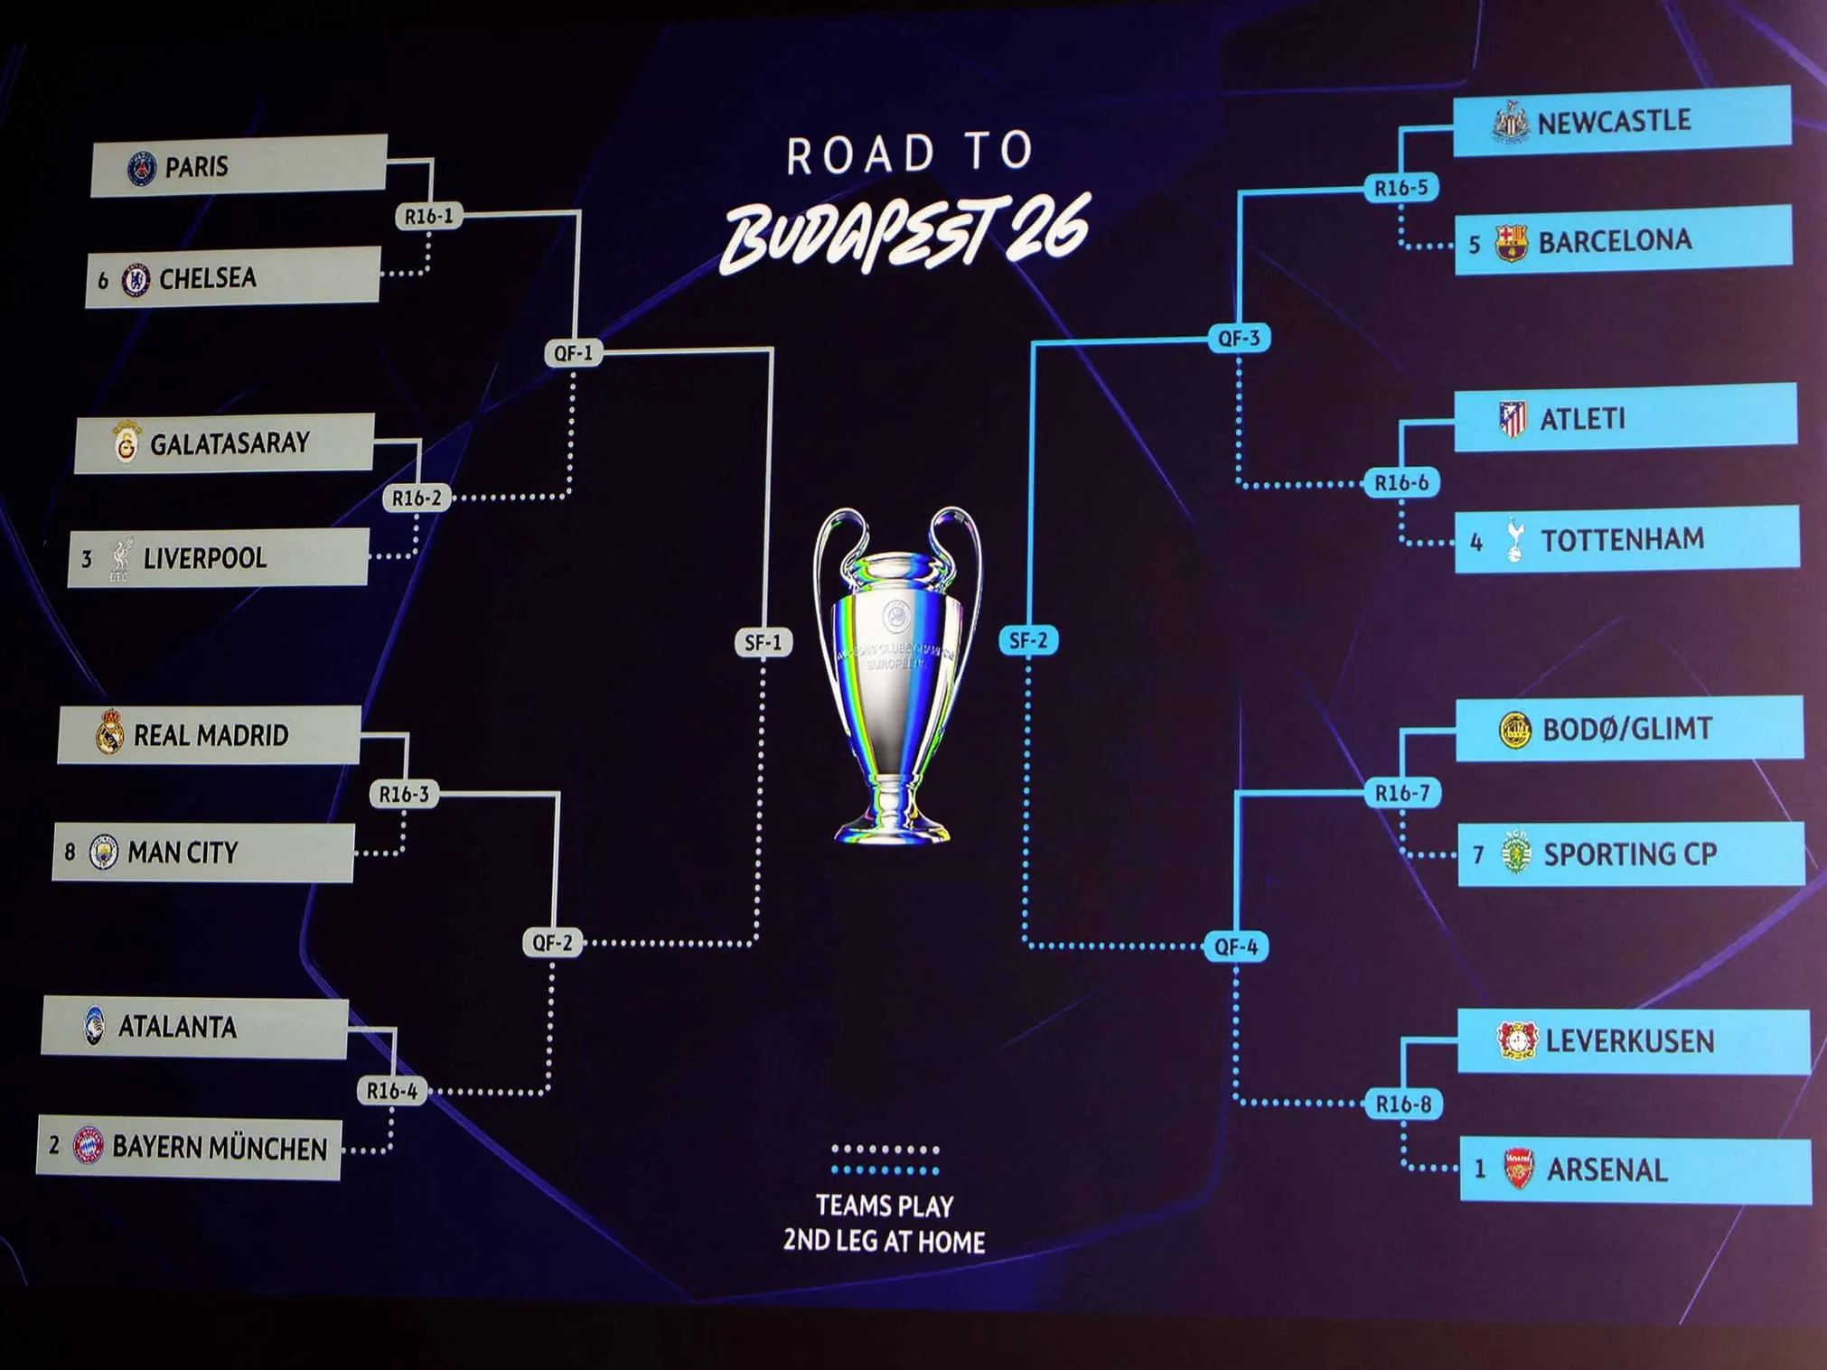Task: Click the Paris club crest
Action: (x=142, y=169)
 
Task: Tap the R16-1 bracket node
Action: (x=428, y=217)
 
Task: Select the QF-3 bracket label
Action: (x=1239, y=339)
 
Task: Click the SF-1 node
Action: (x=764, y=642)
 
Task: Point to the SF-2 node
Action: (x=1028, y=640)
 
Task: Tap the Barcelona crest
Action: (x=1511, y=244)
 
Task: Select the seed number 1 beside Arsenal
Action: (x=1479, y=1170)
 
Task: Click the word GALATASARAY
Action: (x=230, y=443)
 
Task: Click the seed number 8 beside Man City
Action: (x=70, y=852)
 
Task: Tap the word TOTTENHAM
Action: (x=1622, y=540)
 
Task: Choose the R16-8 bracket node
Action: (x=1402, y=1104)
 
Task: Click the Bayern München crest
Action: (x=88, y=1146)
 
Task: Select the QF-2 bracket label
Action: (x=552, y=943)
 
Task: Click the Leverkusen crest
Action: (x=1517, y=1041)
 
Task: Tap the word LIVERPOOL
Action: (x=205, y=558)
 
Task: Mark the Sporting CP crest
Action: (x=1516, y=853)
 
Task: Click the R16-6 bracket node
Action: (x=1401, y=483)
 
